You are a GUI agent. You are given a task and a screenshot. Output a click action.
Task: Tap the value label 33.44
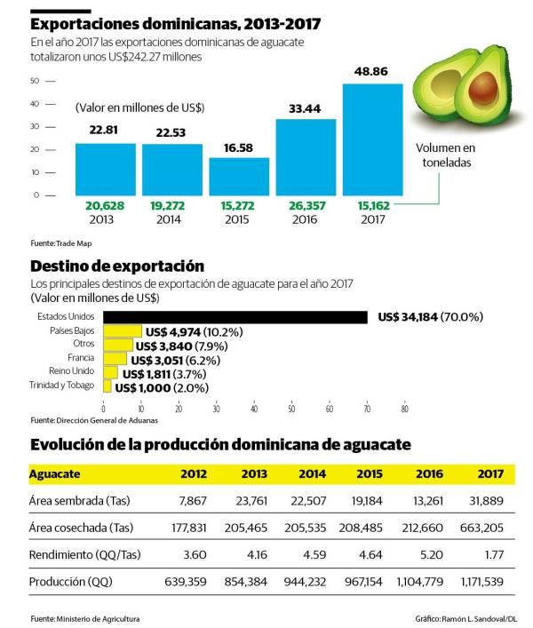click(x=306, y=109)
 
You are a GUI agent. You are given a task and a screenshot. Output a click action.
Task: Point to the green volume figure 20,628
click(x=105, y=205)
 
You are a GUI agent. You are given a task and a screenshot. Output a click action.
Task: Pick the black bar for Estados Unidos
click(x=235, y=317)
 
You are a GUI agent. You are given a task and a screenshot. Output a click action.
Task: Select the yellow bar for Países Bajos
click(x=123, y=331)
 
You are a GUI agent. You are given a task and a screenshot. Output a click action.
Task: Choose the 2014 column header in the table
click(x=312, y=473)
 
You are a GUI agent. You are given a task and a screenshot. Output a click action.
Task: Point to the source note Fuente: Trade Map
click(x=61, y=242)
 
